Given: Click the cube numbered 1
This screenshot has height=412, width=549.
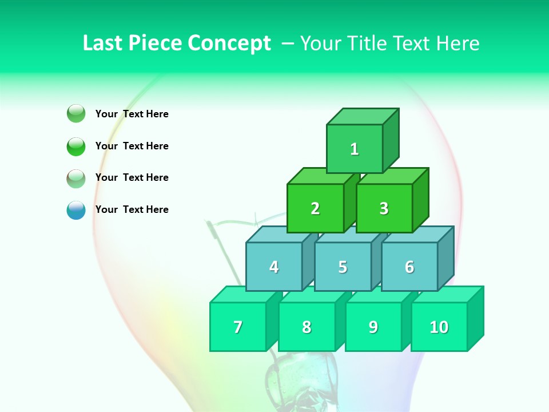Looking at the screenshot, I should coord(355,149).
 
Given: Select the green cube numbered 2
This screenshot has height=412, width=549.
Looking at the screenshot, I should coord(315,208).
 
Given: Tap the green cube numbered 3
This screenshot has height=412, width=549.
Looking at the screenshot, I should coord(384,208).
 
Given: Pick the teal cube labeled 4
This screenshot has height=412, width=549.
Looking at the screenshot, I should coord(274,267).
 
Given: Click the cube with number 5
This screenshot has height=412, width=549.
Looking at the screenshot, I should coord(343,267).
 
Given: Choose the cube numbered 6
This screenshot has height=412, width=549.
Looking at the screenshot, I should coord(409,267).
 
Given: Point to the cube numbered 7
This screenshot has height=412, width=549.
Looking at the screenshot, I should coord(238,327).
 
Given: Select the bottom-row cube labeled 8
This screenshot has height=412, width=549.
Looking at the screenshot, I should coord(307,327).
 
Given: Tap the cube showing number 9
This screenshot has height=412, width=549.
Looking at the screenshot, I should coord(373,327).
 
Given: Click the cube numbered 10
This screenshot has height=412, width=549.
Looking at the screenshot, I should coord(439,327).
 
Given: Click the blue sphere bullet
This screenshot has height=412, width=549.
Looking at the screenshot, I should coord(76,210).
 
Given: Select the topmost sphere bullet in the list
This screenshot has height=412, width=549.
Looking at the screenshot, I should coord(76,114).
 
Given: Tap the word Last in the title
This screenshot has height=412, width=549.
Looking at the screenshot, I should coord(104,43).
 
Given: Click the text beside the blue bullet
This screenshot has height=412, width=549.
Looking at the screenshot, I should coord(132,209).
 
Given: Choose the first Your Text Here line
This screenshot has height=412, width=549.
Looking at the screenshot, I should coord(132,114).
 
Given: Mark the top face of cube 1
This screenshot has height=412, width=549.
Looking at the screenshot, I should coord(363,116).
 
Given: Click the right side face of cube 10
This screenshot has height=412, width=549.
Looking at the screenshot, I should coord(475,318).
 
